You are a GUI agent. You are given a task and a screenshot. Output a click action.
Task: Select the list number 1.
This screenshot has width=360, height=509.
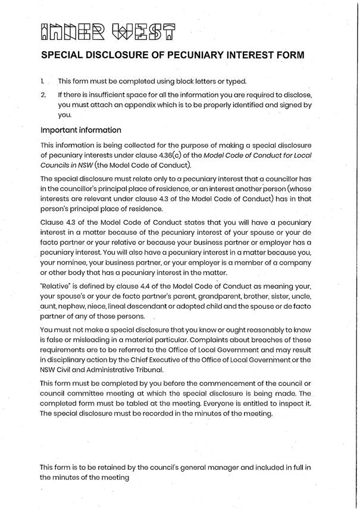tap(42, 81)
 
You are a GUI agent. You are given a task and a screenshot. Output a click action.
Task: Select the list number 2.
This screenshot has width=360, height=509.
tap(42, 95)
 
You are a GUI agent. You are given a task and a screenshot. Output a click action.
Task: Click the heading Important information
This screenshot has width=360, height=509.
tap(80, 130)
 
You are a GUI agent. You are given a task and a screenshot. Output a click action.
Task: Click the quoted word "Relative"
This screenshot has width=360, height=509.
tap(55, 283)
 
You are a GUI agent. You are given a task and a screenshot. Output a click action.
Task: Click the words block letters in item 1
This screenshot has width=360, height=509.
tap(192, 81)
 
